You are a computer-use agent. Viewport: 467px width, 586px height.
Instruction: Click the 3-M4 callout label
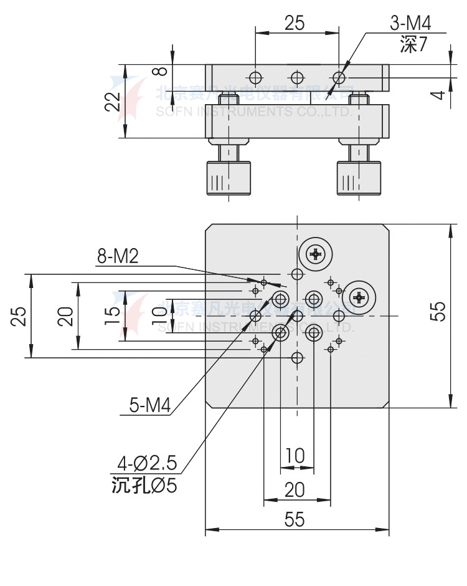(410, 24)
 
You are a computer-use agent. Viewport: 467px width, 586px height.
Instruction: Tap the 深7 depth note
(413, 46)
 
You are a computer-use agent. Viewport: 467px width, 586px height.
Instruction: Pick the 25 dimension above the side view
(295, 23)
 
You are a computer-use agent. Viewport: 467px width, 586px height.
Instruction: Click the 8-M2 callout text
(118, 256)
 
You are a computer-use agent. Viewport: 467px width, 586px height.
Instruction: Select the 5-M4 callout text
(149, 405)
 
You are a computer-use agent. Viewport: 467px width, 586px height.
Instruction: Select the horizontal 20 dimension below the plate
(295, 490)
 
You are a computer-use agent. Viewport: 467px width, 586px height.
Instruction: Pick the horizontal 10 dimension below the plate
(295, 456)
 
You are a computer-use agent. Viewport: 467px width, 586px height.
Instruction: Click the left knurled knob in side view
(229, 178)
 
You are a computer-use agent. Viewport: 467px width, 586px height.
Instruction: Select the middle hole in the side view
(297, 78)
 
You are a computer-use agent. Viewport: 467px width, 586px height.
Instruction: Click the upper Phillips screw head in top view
(316, 254)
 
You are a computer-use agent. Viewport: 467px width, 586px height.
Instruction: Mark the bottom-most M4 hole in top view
(298, 358)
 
